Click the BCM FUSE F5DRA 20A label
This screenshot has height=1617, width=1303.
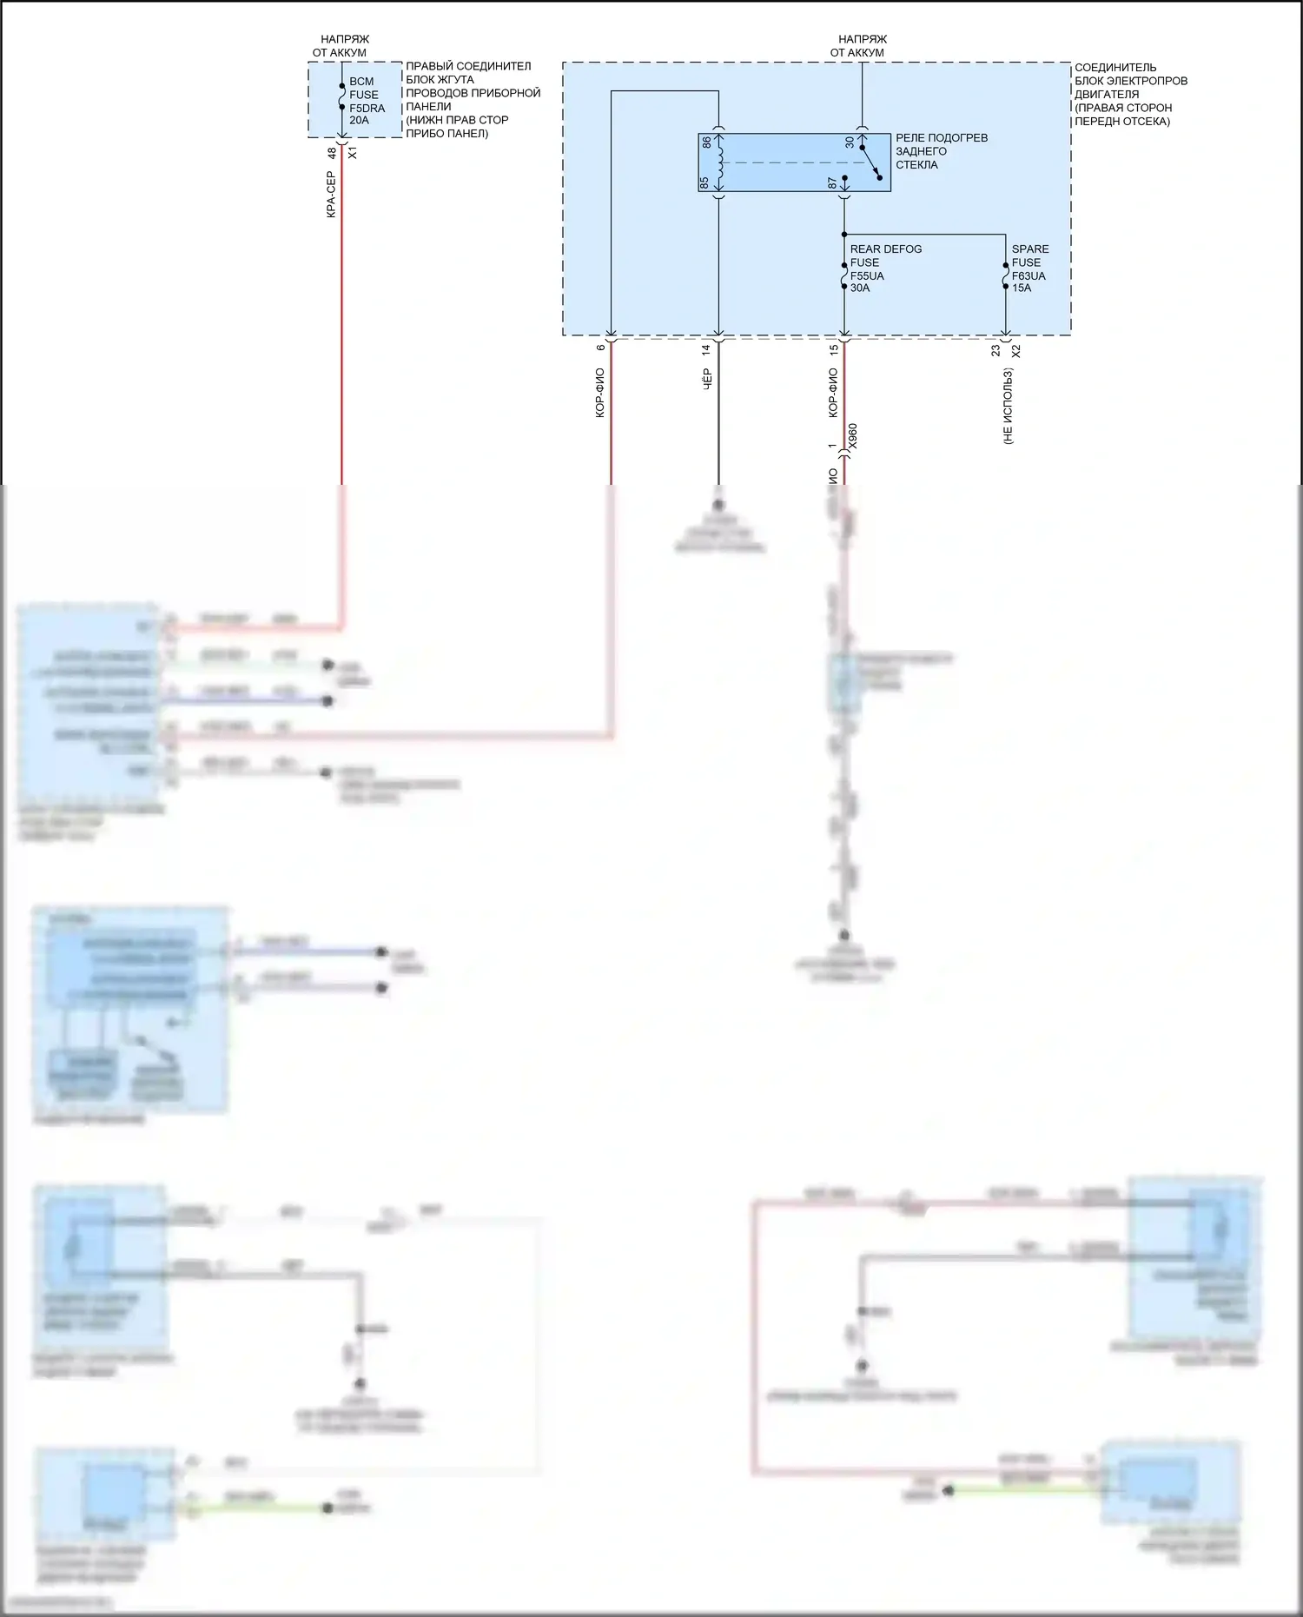click(366, 101)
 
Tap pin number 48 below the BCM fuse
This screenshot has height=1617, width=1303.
click(332, 153)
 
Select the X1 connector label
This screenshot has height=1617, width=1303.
click(353, 153)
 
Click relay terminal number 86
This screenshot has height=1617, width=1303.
click(707, 142)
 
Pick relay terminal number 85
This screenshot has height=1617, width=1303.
click(704, 182)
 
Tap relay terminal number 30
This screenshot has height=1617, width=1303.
click(850, 142)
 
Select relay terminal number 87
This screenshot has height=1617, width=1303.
click(832, 182)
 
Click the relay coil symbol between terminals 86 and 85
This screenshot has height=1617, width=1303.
click(719, 162)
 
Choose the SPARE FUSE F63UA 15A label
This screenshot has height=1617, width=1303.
click(1029, 268)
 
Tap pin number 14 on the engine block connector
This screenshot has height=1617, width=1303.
click(706, 348)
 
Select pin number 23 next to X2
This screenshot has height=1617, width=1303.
click(995, 351)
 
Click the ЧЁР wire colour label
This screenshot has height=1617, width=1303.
click(707, 379)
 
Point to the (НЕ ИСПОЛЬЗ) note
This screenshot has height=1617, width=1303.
click(1008, 407)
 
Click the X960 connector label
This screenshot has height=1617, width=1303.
click(852, 436)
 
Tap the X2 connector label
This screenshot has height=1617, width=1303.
click(1016, 351)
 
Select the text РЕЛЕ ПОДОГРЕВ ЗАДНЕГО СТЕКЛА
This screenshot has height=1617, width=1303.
click(941, 151)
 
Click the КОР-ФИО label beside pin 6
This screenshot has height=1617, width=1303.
click(600, 393)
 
